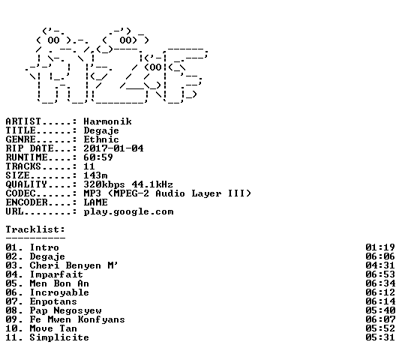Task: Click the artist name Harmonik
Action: tap(108, 121)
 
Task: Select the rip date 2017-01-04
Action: tap(113, 148)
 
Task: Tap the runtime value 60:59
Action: tap(98, 157)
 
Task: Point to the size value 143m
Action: tap(96, 175)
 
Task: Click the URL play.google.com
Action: tap(129, 211)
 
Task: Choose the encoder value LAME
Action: tap(96, 202)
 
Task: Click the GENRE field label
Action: tap(21, 139)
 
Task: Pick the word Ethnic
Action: tap(101, 139)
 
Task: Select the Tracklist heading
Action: tap(35, 229)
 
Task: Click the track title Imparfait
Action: tap(56, 274)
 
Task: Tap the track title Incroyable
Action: tap(59, 292)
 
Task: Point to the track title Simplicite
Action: tap(59, 337)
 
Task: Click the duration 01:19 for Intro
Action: tap(380, 247)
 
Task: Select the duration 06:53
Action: tap(380, 274)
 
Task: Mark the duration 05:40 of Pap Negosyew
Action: tap(380, 310)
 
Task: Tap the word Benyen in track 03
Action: tap(83, 265)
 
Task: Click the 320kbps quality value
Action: tap(104, 184)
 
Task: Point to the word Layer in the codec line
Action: tap(207, 193)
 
